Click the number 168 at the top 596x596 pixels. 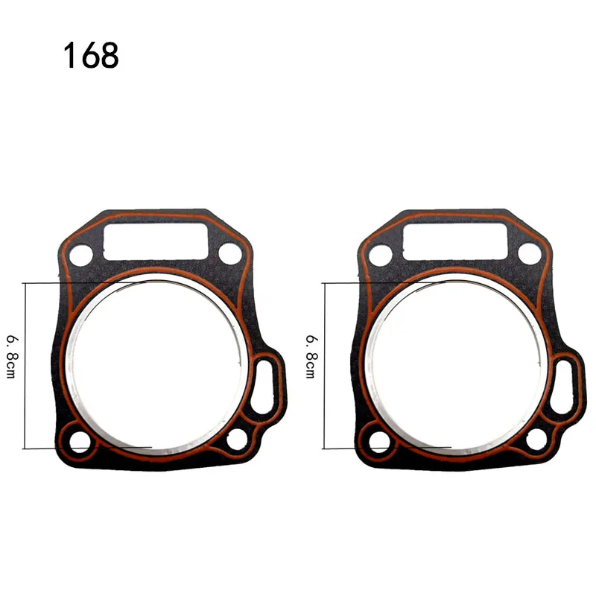[x=91, y=56]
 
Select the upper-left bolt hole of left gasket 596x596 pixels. [x=78, y=255]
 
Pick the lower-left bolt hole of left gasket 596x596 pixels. [x=79, y=442]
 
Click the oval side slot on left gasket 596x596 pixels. [x=265, y=383]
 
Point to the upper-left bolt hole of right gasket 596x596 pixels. [x=378, y=255]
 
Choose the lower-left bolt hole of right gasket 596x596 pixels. [x=379, y=442]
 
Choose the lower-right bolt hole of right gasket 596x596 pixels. [x=536, y=439]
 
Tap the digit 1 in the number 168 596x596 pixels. [x=71, y=56]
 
